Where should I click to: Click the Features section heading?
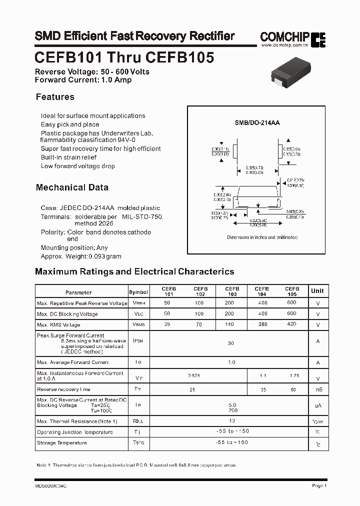(x=55, y=97)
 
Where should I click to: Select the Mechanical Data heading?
(x=72, y=187)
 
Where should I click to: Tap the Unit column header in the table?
(x=317, y=290)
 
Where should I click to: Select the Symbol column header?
(x=138, y=292)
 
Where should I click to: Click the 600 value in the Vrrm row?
(x=291, y=303)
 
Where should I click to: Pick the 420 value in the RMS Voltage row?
(x=291, y=324)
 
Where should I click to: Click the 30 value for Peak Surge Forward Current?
(x=230, y=343)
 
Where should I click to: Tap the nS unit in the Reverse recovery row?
(x=317, y=389)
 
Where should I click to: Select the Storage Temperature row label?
(x=61, y=442)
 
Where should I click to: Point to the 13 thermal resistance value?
(x=231, y=421)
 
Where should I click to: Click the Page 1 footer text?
(x=319, y=485)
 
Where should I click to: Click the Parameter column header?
(x=78, y=292)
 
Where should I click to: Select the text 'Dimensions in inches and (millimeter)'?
(x=262, y=237)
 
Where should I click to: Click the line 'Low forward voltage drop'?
(x=77, y=166)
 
